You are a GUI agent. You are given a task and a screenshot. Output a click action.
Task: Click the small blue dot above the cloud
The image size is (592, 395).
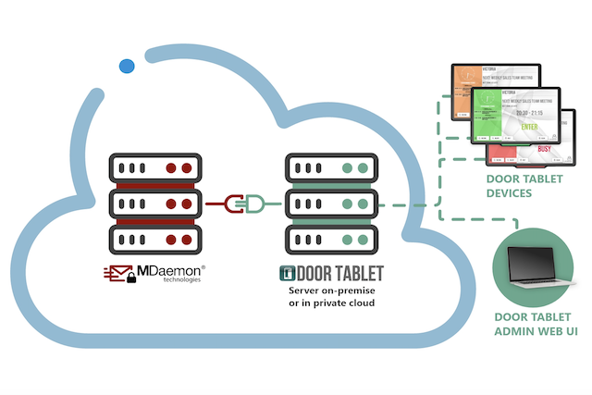[x=127, y=67]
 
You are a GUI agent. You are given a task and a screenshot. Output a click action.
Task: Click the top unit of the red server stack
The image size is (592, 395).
[x=154, y=168]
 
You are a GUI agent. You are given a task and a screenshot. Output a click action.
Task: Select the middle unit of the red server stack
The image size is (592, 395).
[x=154, y=202]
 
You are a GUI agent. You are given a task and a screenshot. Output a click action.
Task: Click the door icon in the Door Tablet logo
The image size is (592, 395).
[x=287, y=274]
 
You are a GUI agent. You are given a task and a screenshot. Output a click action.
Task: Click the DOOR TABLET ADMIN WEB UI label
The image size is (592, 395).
[x=536, y=325]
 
